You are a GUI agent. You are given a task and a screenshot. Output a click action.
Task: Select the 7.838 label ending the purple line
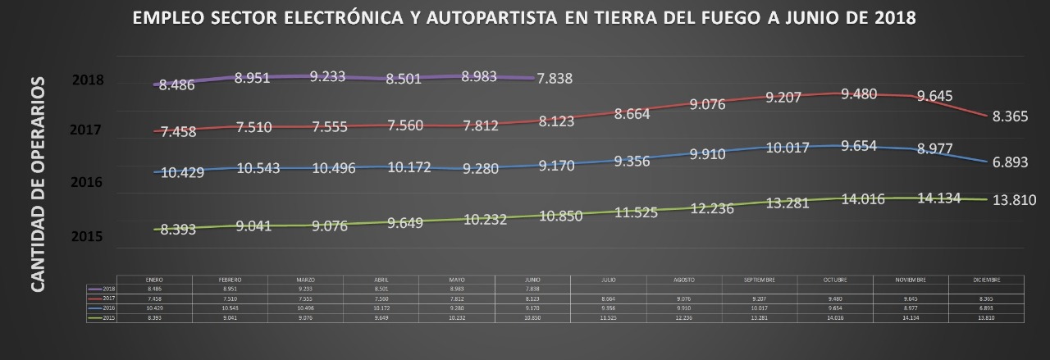coord(555,79)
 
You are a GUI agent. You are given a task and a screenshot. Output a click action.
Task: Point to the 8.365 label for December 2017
coord(1010,116)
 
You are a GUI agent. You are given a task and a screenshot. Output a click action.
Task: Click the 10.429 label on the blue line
coord(183,172)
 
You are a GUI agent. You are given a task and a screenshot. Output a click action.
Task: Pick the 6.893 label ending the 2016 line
coord(1010,162)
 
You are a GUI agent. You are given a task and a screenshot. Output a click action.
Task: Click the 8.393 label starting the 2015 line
coord(177,230)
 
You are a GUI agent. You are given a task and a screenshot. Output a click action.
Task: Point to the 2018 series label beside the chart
coord(88,80)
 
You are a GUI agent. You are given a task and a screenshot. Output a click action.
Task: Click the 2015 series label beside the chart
coord(86,237)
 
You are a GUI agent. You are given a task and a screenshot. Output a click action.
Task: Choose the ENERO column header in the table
coord(154,280)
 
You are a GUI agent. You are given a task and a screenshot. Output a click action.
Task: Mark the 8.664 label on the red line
coord(632,115)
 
